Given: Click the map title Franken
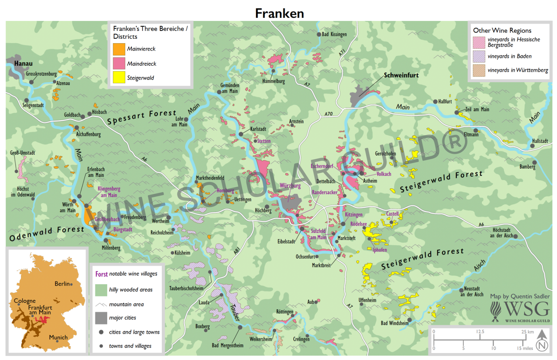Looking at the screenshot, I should (x=279, y=13).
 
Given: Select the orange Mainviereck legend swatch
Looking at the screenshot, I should (x=119, y=49).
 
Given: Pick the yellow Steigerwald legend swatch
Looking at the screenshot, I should (x=119, y=77).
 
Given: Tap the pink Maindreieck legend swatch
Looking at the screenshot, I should (x=119, y=63).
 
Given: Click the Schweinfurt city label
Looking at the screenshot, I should (x=401, y=75).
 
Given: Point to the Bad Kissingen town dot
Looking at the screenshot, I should (x=319, y=34).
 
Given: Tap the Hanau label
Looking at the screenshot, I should (x=23, y=63).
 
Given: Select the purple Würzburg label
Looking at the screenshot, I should (x=290, y=186).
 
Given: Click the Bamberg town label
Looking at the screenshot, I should (x=527, y=167).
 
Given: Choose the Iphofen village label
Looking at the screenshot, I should (x=379, y=250).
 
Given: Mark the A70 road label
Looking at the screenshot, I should (x=329, y=114).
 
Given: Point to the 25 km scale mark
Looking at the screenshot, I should (x=527, y=332).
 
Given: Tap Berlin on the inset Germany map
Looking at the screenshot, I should (x=63, y=284).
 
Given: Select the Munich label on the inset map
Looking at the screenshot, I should (x=58, y=337).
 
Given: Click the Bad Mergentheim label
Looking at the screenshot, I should (x=228, y=345).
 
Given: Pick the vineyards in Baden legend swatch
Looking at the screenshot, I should (x=479, y=56).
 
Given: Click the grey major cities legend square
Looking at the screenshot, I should (x=101, y=318).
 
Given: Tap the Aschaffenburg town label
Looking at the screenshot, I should (x=88, y=134).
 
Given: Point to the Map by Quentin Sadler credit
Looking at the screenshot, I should (x=520, y=296).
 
